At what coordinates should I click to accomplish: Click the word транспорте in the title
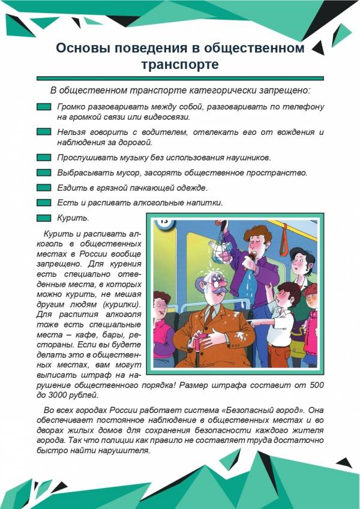pyautogui.click(x=180, y=64)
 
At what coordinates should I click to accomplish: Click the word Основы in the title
pyautogui.click(x=85, y=48)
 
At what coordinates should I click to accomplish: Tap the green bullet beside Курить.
pyautogui.click(x=44, y=218)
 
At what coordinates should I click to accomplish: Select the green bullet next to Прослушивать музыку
pyautogui.click(x=44, y=158)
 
